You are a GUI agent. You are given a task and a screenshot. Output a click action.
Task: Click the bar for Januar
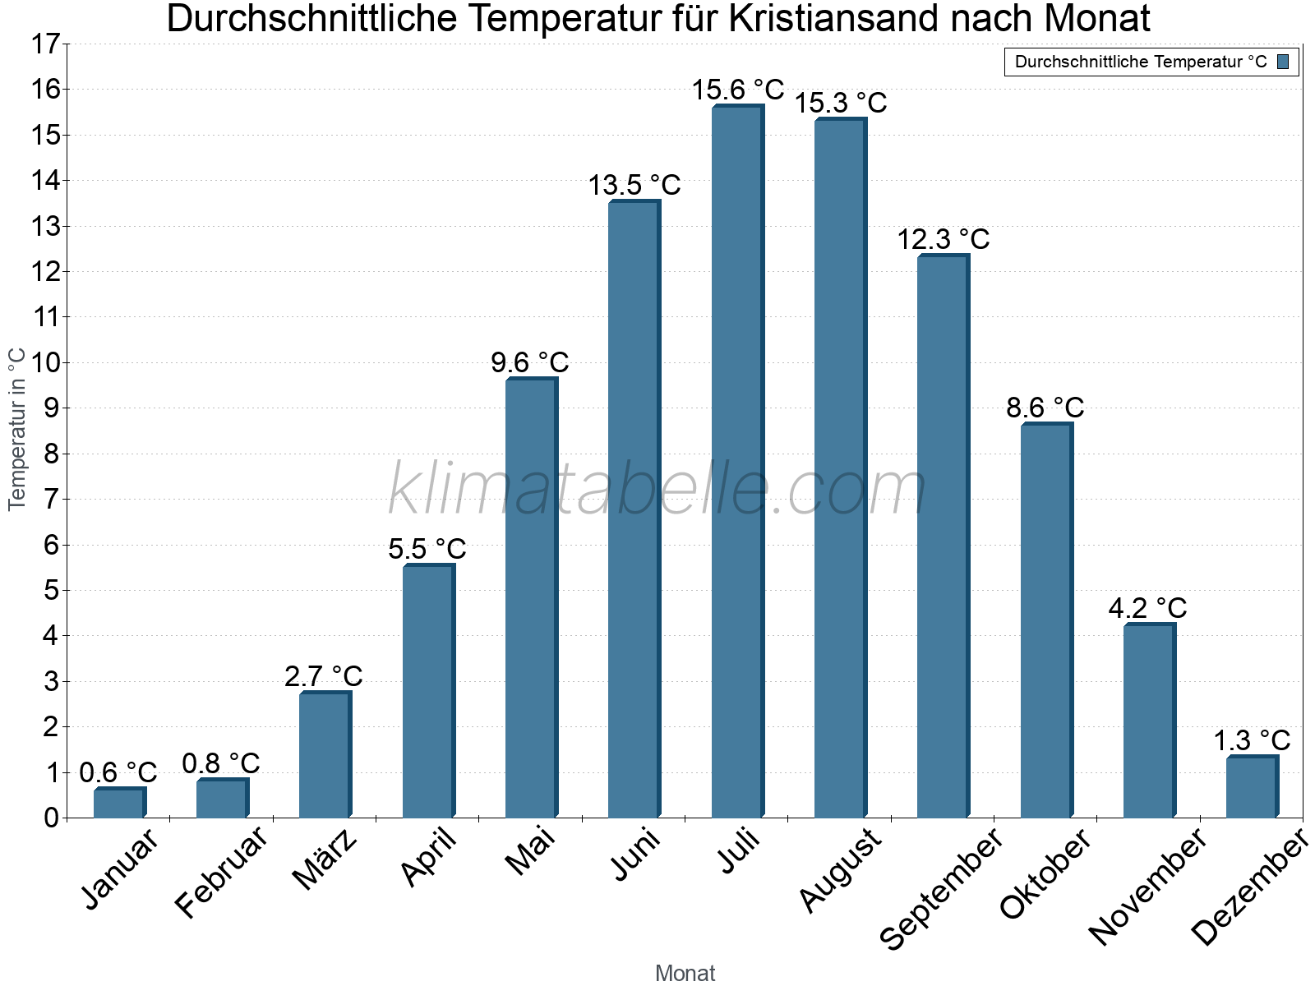click(119, 803)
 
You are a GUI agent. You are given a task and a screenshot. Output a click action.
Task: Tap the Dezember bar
click(1252, 787)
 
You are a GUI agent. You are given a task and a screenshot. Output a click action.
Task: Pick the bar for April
click(428, 691)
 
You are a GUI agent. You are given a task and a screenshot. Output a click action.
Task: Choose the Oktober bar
click(1046, 620)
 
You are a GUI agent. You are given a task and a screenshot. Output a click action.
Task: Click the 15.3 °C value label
click(840, 104)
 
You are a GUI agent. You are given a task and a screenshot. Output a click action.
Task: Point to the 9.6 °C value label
click(530, 362)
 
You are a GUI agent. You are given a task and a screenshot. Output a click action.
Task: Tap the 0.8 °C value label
click(221, 764)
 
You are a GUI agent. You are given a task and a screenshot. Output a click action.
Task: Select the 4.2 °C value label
click(1147, 609)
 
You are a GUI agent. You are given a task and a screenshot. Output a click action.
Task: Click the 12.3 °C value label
click(943, 240)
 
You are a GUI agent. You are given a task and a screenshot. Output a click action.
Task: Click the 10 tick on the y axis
click(46, 362)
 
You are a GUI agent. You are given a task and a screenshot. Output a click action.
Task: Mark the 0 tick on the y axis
click(52, 818)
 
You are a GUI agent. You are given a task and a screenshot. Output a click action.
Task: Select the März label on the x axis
click(325, 859)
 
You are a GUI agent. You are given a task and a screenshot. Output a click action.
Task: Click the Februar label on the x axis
click(222, 872)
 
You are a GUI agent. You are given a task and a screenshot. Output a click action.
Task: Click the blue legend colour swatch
click(1283, 62)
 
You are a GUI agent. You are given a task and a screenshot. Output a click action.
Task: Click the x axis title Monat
click(685, 974)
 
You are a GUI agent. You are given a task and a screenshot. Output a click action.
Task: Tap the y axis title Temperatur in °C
click(17, 429)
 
